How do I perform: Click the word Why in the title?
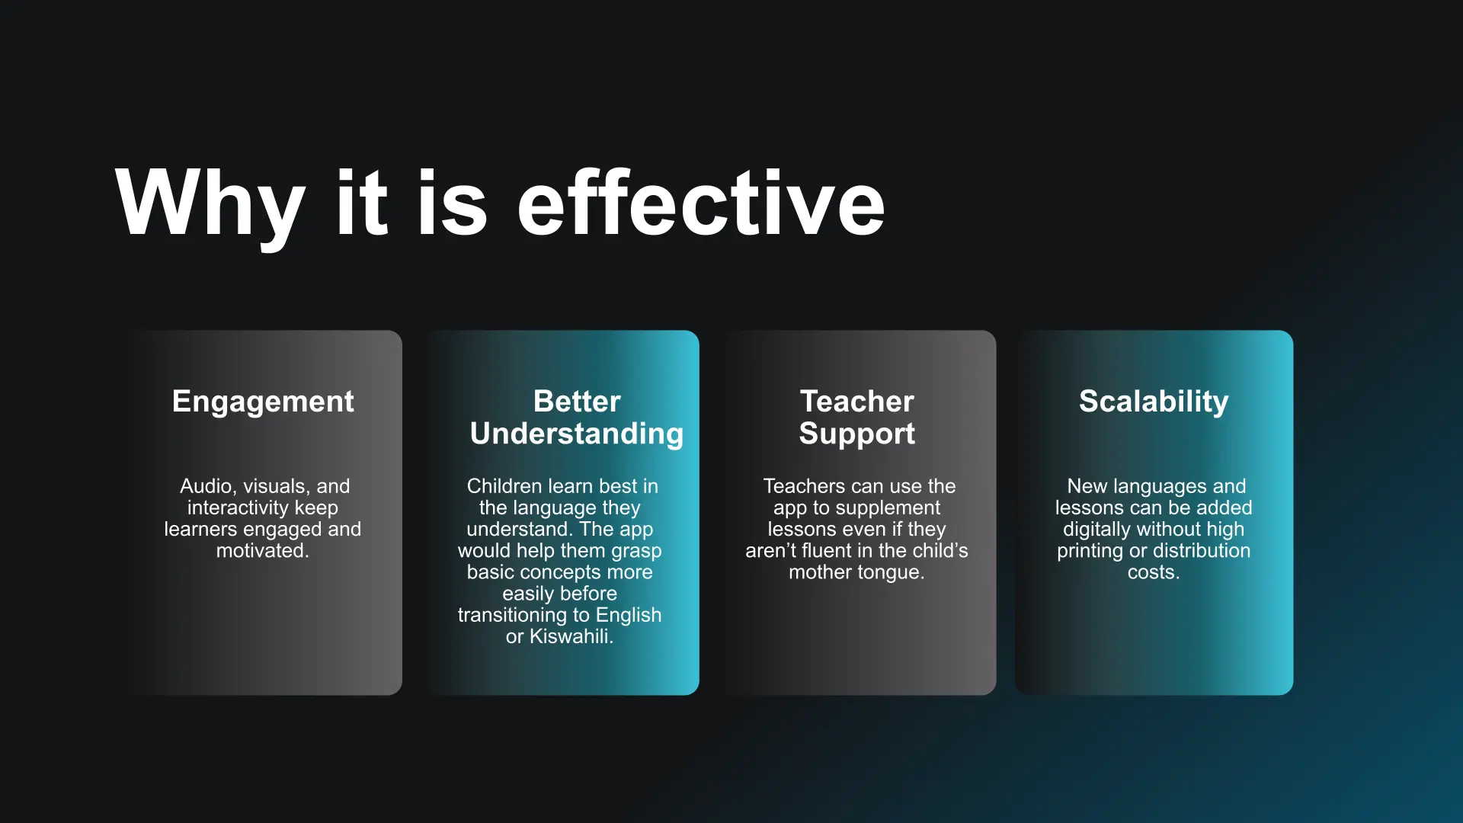(x=210, y=203)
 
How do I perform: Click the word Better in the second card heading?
(x=577, y=401)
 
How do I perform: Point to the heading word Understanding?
(x=577, y=434)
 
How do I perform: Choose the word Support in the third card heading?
(x=856, y=434)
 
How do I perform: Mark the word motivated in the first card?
(x=262, y=550)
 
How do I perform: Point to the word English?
(x=629, y=616)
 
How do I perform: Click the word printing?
(x=1090, y=552)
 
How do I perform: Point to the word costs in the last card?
(x=1154, y=572)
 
